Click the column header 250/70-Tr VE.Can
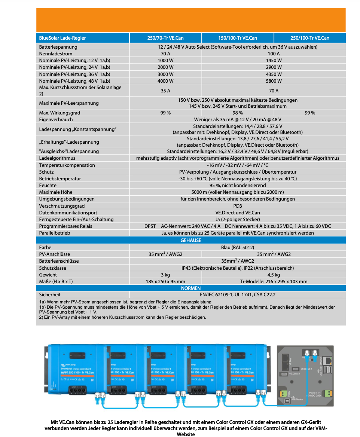(165, 38)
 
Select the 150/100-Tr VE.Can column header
(238, 38)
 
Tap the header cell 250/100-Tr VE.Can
(310, 38)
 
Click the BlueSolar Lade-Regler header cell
(62, 38)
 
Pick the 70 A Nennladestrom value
(165, 54)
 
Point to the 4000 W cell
(165, 81)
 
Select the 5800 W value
(274, 81)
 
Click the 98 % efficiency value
(238, 113)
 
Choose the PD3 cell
(238, 206)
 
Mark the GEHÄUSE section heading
(191, 240)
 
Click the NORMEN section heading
(191, 288)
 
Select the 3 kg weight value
(165, 275)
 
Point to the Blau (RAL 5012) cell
(238, 247)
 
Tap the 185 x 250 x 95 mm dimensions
(165, 281)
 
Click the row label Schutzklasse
(53, 268)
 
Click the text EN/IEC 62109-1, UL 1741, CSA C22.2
(238, 295)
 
